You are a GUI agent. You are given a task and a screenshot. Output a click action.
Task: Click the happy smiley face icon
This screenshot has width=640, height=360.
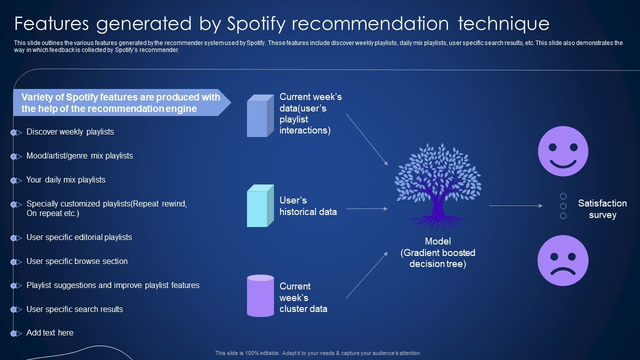click(x=563, y=151)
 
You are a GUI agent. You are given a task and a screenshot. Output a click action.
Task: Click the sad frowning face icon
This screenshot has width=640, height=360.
click(x=563, y=260)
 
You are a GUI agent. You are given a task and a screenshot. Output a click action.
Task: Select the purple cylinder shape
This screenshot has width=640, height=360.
click(x=260, y=295)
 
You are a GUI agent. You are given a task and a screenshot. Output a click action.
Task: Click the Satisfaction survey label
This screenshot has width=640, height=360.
click(x=602, y=209)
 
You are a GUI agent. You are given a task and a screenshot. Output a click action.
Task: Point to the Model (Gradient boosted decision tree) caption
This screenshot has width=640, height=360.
click(x=437, y=253)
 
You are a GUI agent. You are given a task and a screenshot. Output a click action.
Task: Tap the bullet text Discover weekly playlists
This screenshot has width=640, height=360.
click(x=70, y=132)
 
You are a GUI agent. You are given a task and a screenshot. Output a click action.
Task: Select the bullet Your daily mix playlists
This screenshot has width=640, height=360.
click(x=66, y=180)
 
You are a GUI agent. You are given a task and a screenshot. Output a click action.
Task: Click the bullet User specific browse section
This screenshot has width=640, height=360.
click(x=77, y=261)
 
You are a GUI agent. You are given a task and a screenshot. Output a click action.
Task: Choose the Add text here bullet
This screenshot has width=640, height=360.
click(x=50, y=333)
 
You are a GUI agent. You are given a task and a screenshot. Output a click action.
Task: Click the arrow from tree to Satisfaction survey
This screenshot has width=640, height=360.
click(x=515, y=205)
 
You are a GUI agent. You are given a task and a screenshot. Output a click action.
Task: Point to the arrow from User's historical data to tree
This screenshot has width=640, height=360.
click(x=366, y=208)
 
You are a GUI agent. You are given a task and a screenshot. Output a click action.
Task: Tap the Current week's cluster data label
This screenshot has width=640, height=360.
click(x=303, y=297)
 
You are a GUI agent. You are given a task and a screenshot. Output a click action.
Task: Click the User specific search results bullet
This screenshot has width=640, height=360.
click(x=74, y=309)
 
